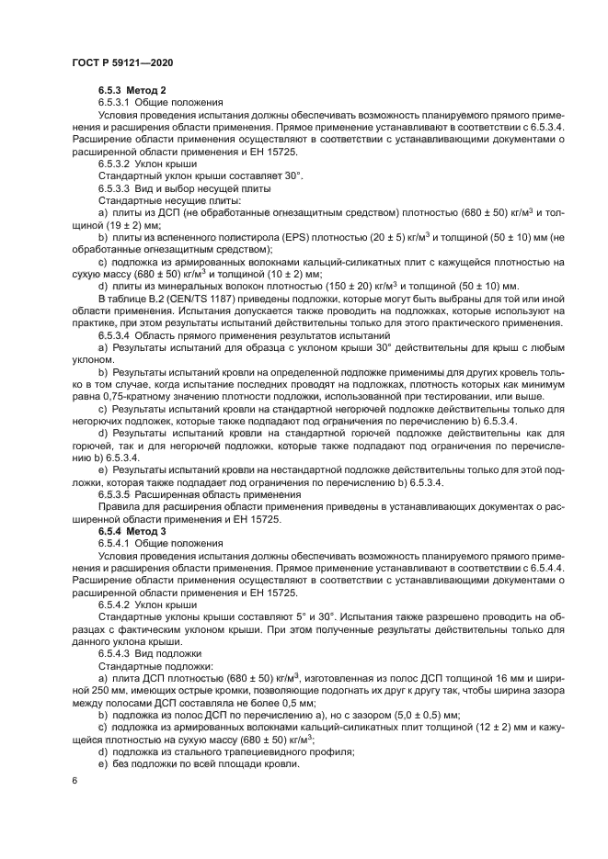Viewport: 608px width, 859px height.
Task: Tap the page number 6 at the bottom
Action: pyautogui.click(x=74, y=780)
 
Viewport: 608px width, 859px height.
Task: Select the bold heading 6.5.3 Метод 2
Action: pyautogui.click(x=132, y=90)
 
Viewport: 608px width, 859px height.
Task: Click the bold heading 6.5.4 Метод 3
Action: pyautogui.click(x=132, y=532)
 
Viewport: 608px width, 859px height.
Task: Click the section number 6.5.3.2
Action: pyautogui.click(x=116, y=162)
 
